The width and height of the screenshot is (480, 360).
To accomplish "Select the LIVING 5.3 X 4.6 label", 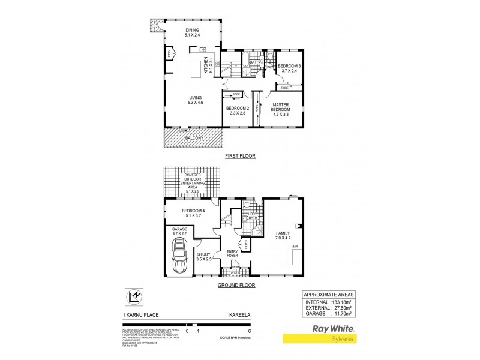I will point(195,100).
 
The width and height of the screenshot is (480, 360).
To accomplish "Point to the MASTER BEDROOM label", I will point(281,108).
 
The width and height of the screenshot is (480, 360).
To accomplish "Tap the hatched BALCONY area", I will point(193,139).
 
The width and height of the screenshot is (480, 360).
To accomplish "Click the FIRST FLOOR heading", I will point(240,156).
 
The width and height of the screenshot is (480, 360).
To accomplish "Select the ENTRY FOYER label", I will point(232,254).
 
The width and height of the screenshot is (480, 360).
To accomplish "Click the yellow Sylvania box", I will point(334,340).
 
